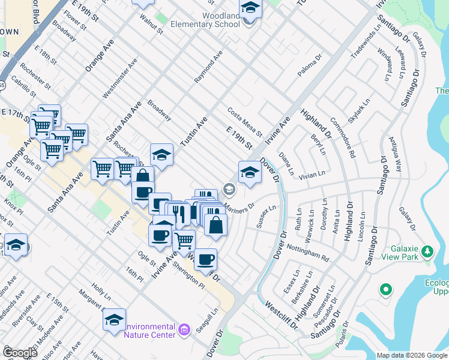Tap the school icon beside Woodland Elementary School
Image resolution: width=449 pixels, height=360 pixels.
[250, 9]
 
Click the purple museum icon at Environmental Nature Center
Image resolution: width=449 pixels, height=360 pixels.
[184, 329]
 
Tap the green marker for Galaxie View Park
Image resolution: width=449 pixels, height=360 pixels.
[427, 250]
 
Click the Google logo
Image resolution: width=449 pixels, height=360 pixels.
[19, 353]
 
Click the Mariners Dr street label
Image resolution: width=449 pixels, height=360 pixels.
[240, 206]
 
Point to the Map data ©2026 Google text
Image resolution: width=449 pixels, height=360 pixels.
[412, 355]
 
